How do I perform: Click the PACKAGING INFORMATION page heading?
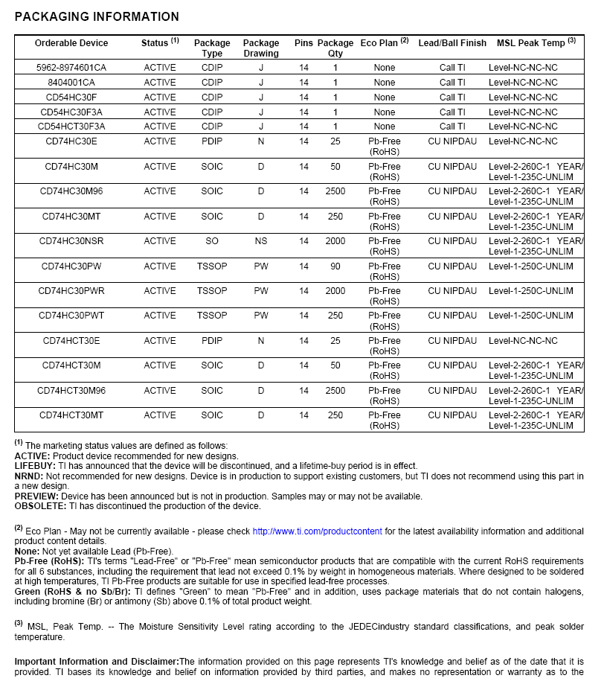(97, 17)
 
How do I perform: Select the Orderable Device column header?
(71, 43)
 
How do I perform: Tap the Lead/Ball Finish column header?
(452, 43)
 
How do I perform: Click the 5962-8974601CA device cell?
(71, 68)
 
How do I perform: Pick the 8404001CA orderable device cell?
(71, 83)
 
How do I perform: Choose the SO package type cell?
(212, 241)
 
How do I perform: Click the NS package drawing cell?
(261, 241)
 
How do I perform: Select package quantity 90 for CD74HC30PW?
(335, 266)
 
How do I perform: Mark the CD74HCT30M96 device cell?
(71, 391)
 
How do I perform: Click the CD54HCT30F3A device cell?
(71, 127)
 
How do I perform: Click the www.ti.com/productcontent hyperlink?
(318, 531)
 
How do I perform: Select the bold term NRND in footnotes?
(28, 476)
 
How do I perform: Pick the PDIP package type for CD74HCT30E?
(212, 341)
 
